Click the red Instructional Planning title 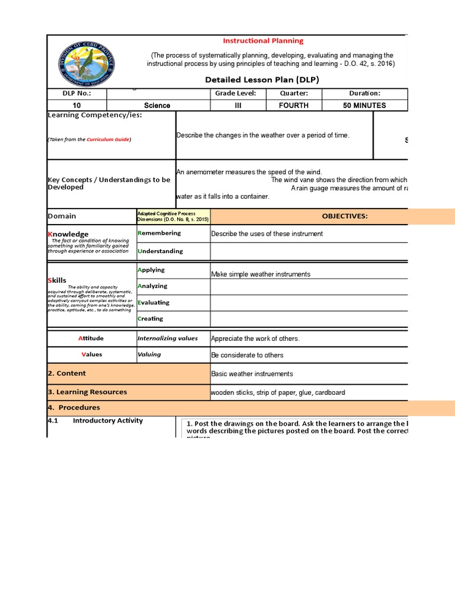[262, 41]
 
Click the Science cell [157, 106]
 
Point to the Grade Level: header [235, 94]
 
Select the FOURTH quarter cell [294, 106]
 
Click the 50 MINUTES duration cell [364, 106]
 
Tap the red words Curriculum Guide [108, 139]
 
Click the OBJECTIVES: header [344, 216]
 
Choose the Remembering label [159, 233]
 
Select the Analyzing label [152, 286]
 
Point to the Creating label [150, 318]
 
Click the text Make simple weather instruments [261, 274]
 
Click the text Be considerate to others [247, 355]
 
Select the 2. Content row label [66, 373]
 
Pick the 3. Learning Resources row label [87, 392]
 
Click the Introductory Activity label [107, 421]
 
